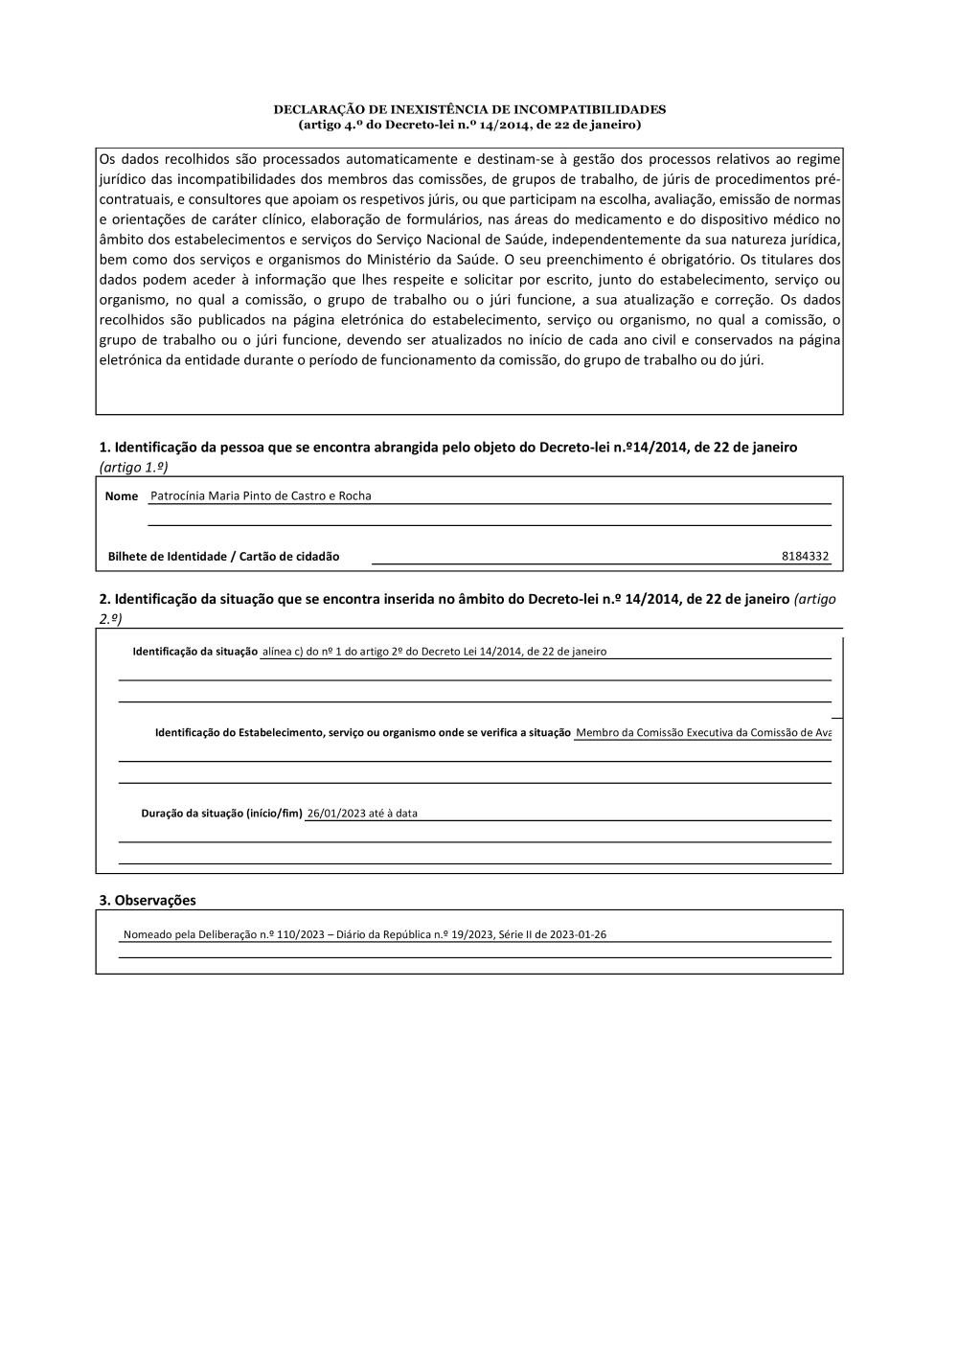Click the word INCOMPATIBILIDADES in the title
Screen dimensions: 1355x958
click(590, 109)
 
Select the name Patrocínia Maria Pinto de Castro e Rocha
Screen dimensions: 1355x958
click(261, 496)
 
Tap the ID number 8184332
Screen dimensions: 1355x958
click(805, 557)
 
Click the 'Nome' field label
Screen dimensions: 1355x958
click(122, 496)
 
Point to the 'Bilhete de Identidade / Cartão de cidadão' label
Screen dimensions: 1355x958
click(223, 557)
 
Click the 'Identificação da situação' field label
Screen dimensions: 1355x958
click(194, 652)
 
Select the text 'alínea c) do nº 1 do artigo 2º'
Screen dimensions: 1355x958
click(332, 652)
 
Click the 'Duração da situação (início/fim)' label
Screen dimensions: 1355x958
click(221, 814)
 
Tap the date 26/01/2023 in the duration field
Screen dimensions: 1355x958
click(336, 814)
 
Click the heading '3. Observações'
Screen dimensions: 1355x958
click(148, 901)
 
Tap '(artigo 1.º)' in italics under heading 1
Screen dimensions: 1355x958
click(134, 467)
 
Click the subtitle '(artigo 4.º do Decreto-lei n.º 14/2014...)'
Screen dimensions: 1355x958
click(469, 125)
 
